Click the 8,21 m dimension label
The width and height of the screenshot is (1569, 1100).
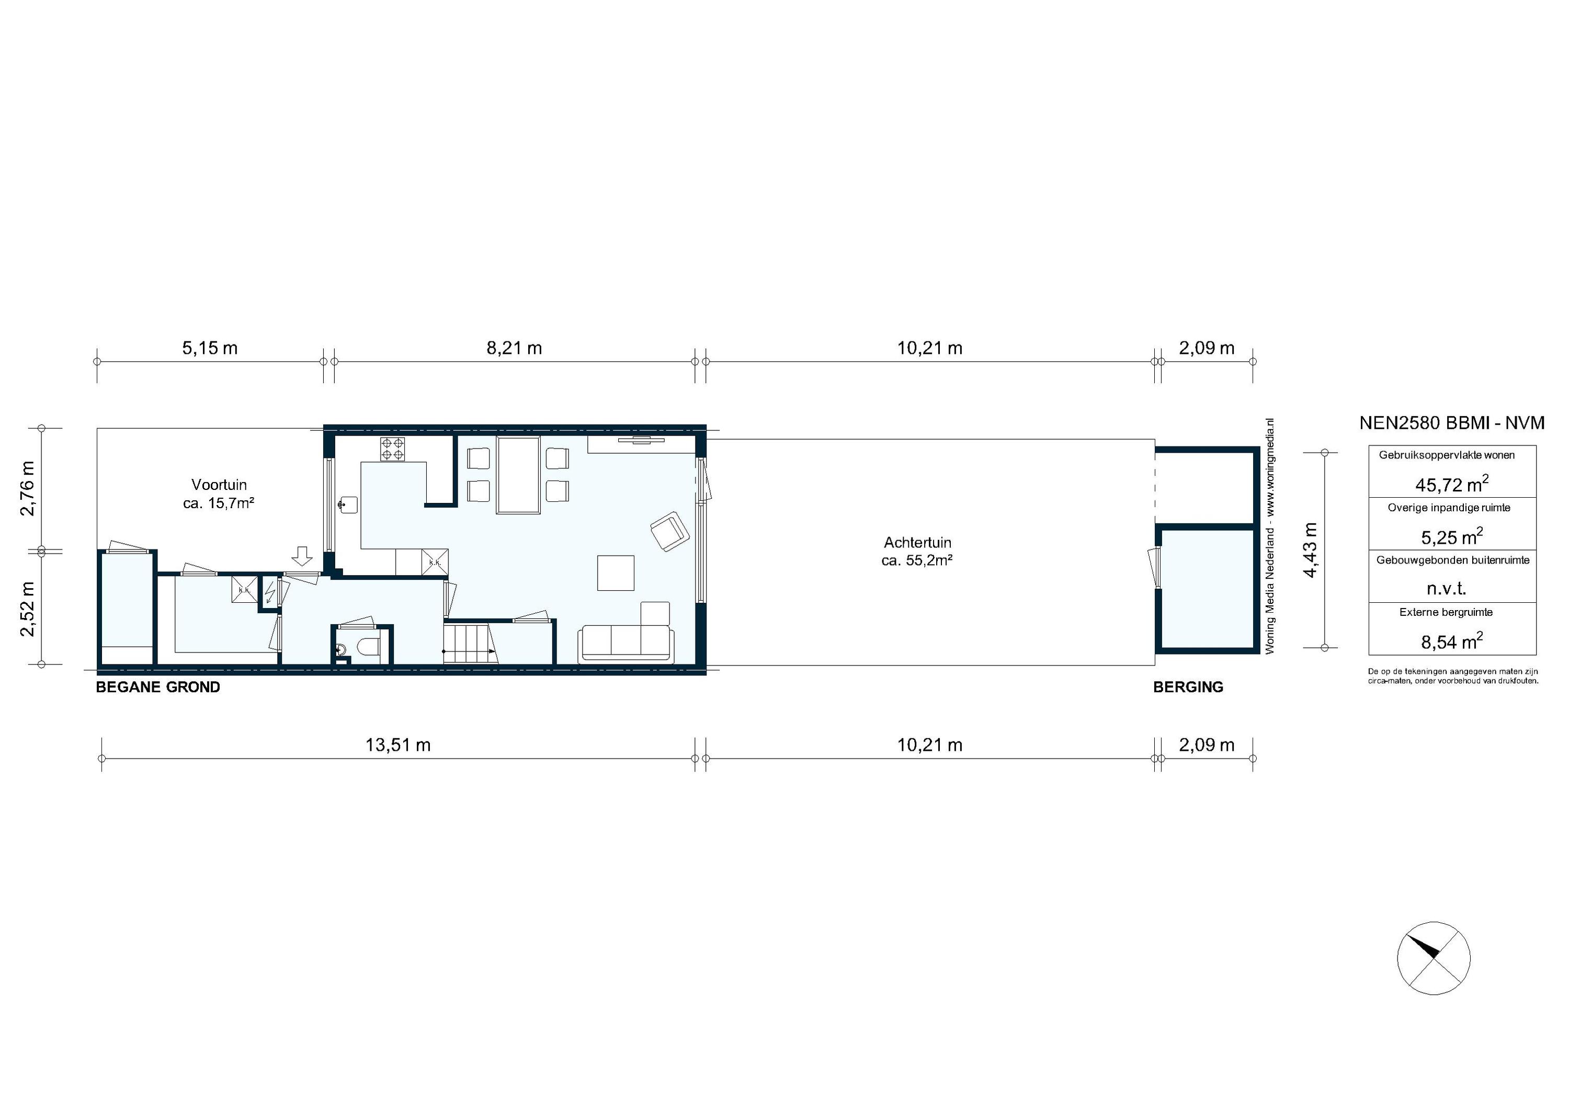point(514,348)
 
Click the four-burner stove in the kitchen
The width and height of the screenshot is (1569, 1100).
point(392,449)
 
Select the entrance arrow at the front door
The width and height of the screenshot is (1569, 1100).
point(301,555)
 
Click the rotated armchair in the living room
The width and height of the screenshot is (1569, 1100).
point(669,531)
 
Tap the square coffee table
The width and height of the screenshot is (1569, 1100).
point(616,572)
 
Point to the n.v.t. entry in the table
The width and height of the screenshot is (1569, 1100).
point(1447,588)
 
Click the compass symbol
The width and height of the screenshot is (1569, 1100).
point(1434,958)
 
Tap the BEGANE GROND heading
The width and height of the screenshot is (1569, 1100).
point(158,687)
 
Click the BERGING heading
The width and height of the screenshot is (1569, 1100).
point(1188,687)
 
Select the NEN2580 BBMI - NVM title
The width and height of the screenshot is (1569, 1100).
point(1451,423)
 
